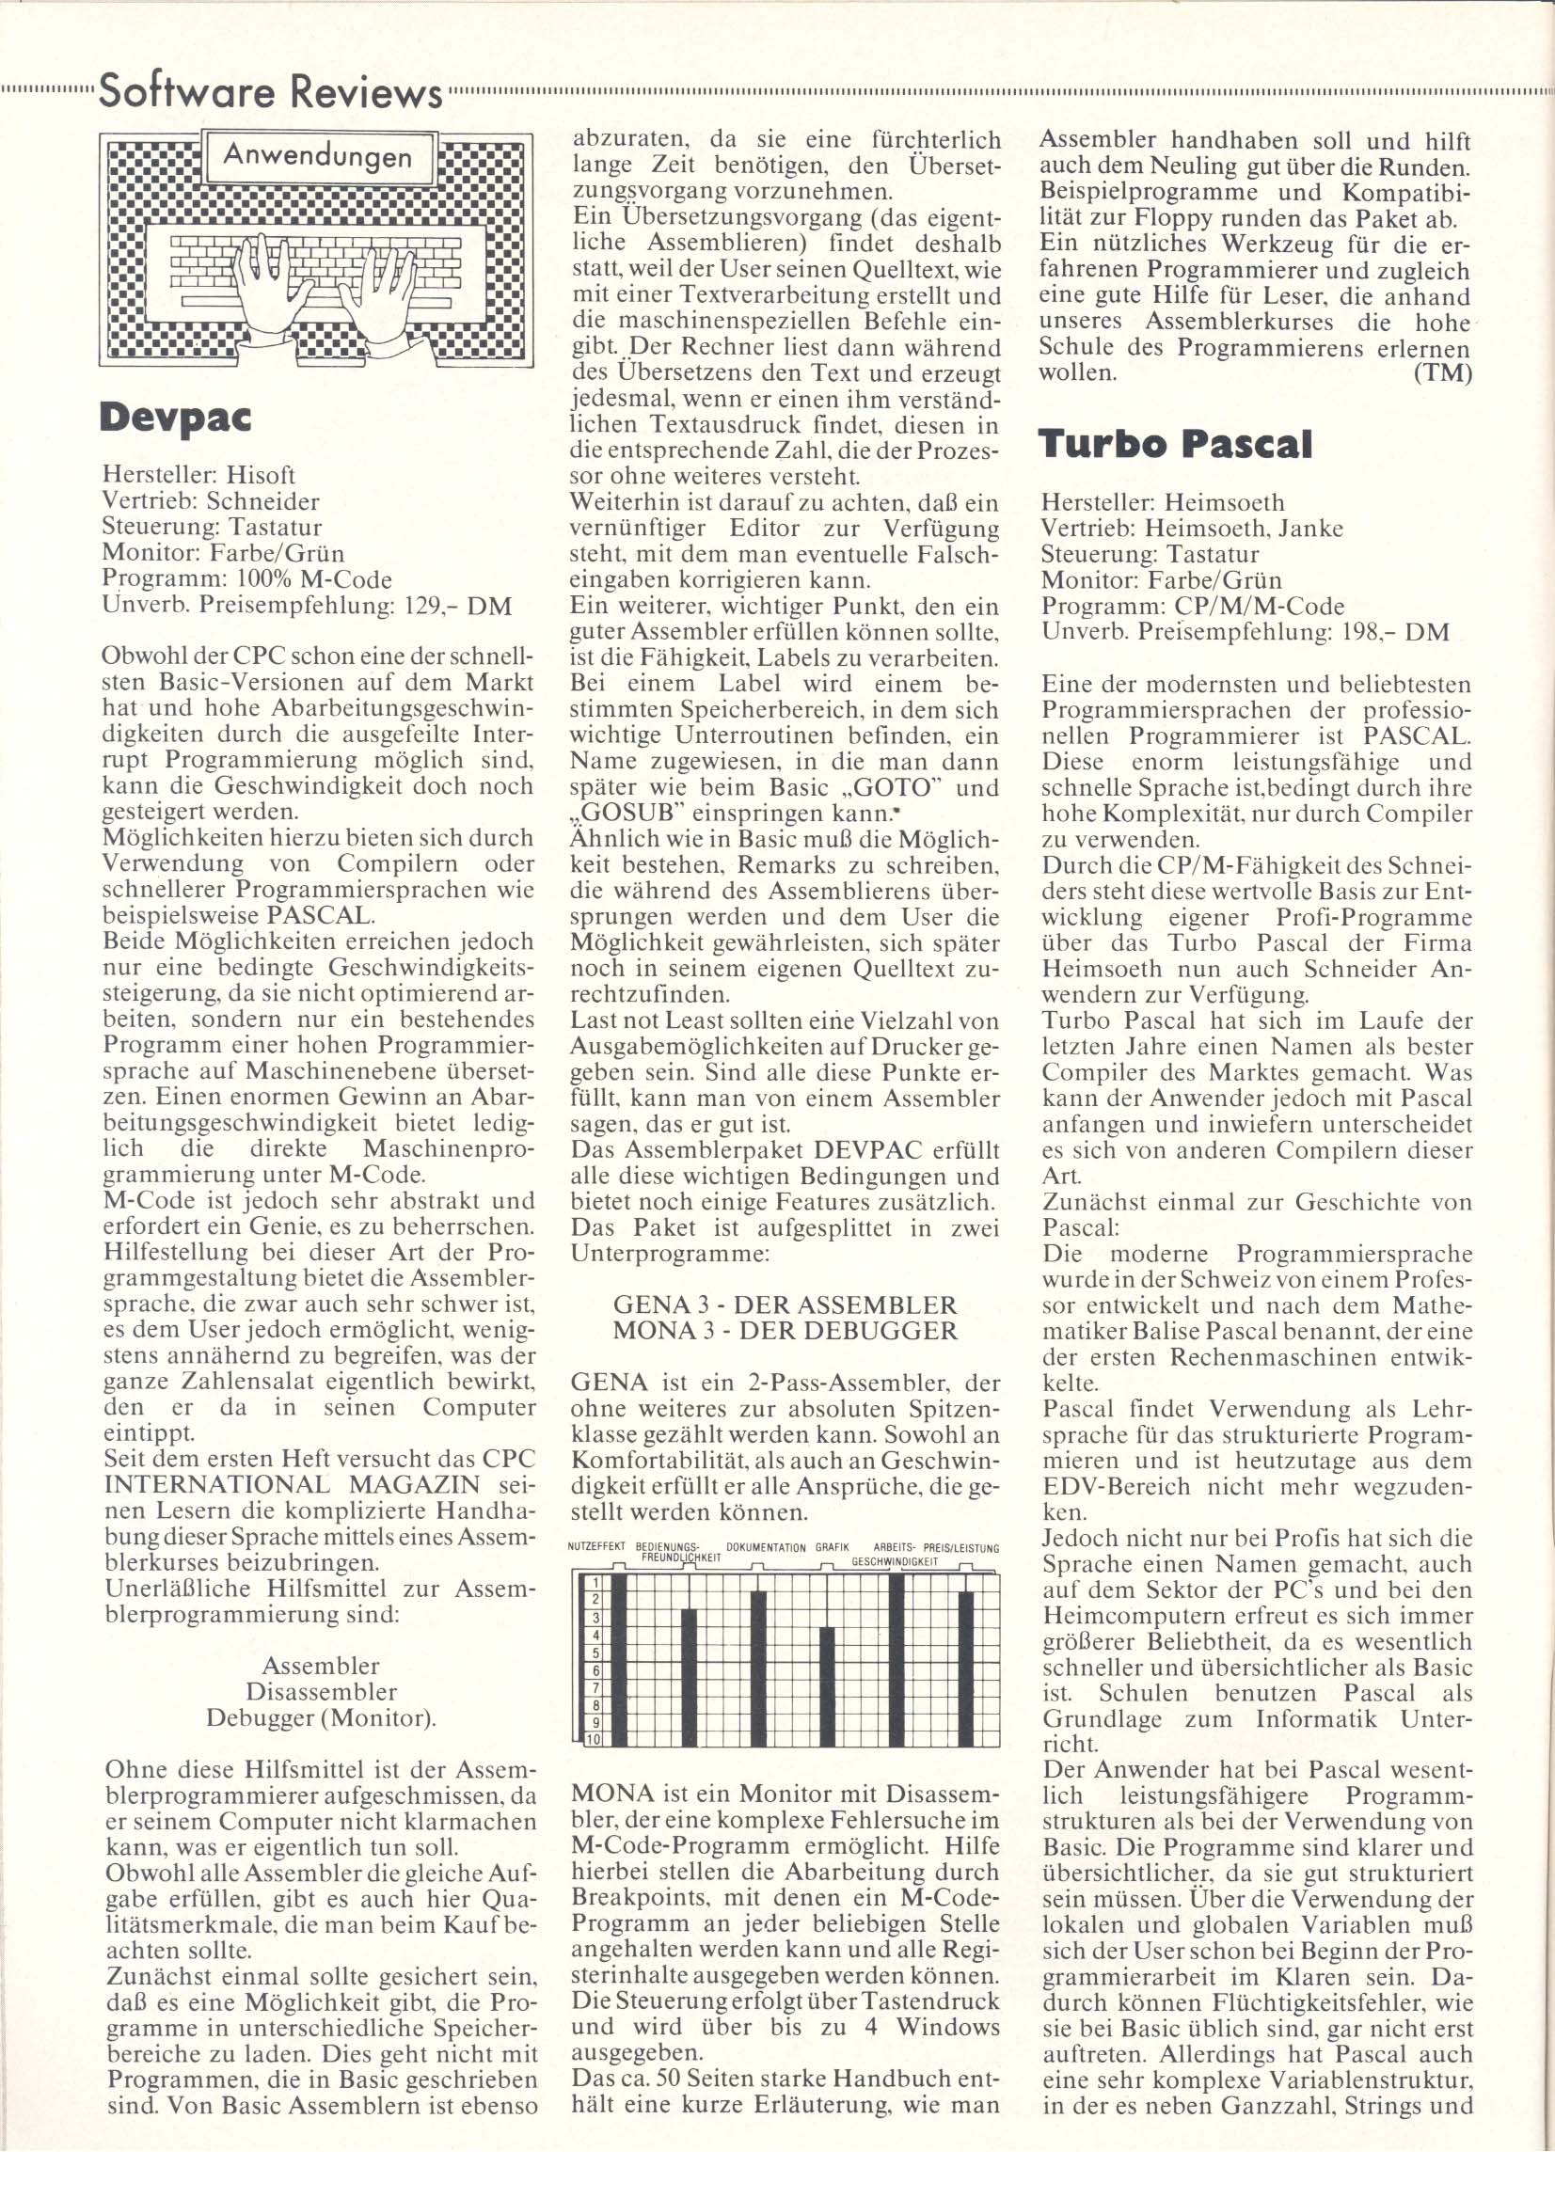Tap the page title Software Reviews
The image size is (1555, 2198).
[x=270, y=94]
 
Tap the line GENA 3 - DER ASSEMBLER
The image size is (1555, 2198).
[x=785, y=1305]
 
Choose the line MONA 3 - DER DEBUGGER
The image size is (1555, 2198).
[x=785, y=1330]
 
